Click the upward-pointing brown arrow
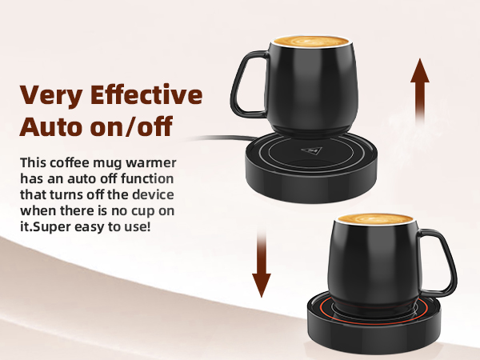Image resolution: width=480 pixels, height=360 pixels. pos(420,92)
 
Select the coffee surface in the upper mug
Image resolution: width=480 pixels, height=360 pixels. pos(307,40)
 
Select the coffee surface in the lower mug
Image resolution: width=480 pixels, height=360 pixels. pos(376,218)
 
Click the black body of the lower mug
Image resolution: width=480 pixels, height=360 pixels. pos(376,260)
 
